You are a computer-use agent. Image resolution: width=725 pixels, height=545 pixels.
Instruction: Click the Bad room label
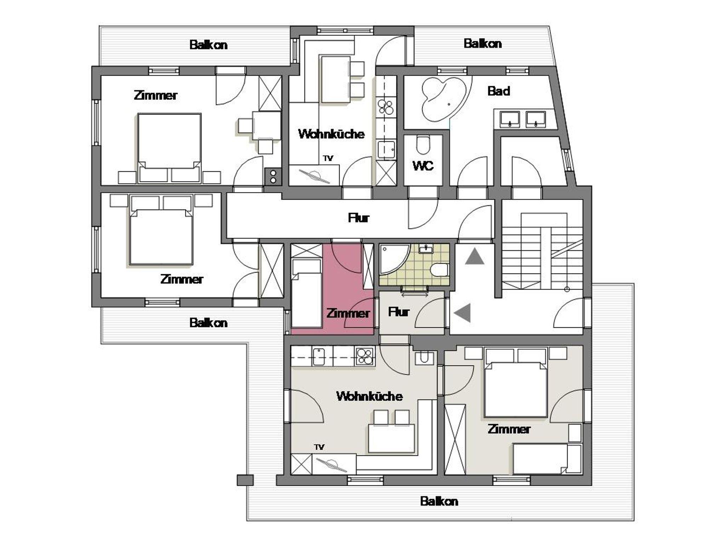[499, 91]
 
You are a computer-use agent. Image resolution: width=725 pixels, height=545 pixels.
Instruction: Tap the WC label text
[423, 165]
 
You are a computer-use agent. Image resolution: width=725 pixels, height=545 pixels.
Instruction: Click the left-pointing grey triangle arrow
[463, 313]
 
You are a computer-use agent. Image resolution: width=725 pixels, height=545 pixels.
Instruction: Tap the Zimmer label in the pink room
[348, 313]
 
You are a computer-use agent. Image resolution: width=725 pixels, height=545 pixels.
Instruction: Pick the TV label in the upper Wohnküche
[328, 158]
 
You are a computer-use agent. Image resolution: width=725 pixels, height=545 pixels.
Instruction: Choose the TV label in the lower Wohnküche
[319, 447]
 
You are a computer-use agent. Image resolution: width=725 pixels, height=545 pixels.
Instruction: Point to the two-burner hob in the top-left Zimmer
[273, 176]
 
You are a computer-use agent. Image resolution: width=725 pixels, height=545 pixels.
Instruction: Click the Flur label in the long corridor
[359, 218]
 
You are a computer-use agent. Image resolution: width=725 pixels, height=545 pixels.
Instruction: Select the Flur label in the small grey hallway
[399, 312]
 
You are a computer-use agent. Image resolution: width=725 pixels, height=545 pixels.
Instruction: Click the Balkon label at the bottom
[439, 501]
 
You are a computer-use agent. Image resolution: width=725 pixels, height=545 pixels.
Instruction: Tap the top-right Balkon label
[483, 44]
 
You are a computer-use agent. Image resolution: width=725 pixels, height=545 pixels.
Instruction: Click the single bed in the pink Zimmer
[306, 293]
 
